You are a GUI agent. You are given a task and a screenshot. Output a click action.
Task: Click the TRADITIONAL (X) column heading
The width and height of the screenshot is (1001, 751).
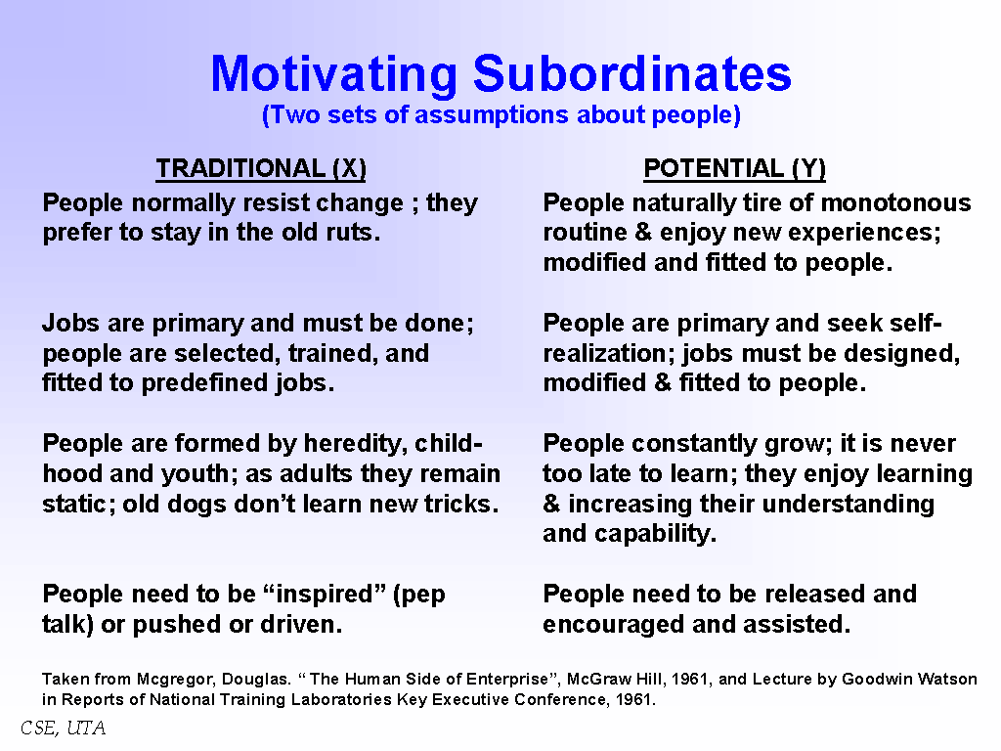pyautogui.click(x=261, y=168)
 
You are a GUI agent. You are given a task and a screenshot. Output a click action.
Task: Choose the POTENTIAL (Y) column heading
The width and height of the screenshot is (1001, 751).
pyautogui.click(x=734, y=168)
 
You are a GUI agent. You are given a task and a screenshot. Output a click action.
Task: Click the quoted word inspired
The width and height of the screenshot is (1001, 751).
pyautogui.click(x=325, y=595)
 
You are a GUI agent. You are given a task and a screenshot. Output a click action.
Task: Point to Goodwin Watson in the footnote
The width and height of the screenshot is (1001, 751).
pyautogui.click(x=909, y=679)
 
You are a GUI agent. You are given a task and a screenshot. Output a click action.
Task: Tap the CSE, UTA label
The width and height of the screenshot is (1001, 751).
pyautogui.click(x=64, y=728)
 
